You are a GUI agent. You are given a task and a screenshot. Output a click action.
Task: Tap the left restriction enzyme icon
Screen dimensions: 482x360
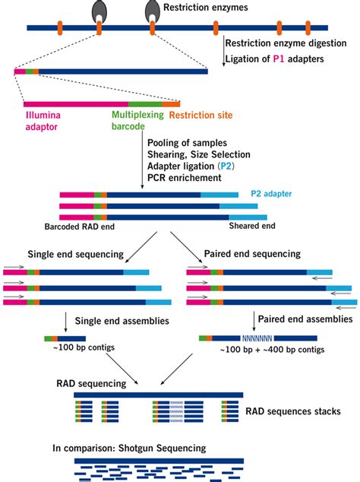coord(99,11)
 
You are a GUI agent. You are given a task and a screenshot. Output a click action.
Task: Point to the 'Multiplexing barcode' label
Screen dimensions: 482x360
coord(137,122)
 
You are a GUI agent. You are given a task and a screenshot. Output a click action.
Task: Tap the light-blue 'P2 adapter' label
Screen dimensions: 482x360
coord(275,195)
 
